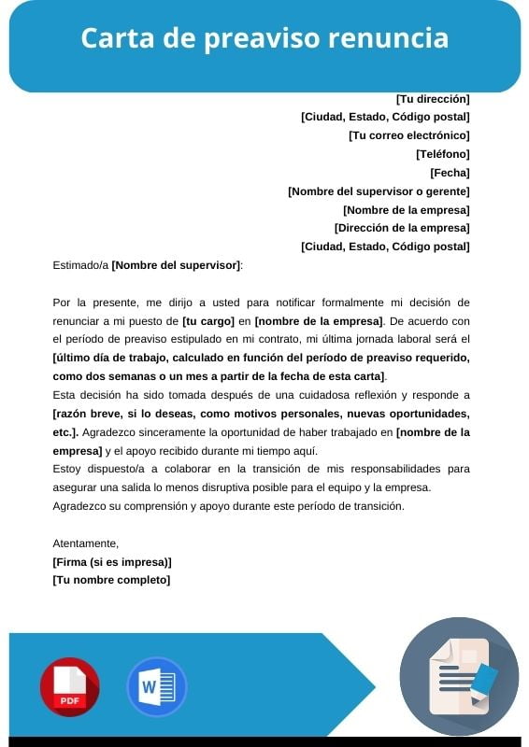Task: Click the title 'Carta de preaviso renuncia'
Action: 264,38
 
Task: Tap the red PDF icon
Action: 69,687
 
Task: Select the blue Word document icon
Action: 156,687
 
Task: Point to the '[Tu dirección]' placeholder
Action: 433,98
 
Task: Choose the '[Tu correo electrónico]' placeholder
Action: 408,135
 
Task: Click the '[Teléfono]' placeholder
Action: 442,154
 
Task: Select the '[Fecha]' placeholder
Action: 450,173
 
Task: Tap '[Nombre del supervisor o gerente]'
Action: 379,191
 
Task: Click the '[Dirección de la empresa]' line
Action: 402,228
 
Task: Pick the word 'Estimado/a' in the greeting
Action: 80,265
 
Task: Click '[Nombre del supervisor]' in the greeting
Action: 176,265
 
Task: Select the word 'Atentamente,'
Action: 86,543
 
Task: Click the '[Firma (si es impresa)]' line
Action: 112,561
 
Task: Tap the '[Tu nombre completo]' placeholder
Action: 111,580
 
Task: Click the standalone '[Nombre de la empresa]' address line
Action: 407,210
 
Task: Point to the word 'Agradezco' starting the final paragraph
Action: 79,506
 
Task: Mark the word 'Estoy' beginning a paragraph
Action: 66,469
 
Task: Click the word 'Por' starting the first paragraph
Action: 62,303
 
